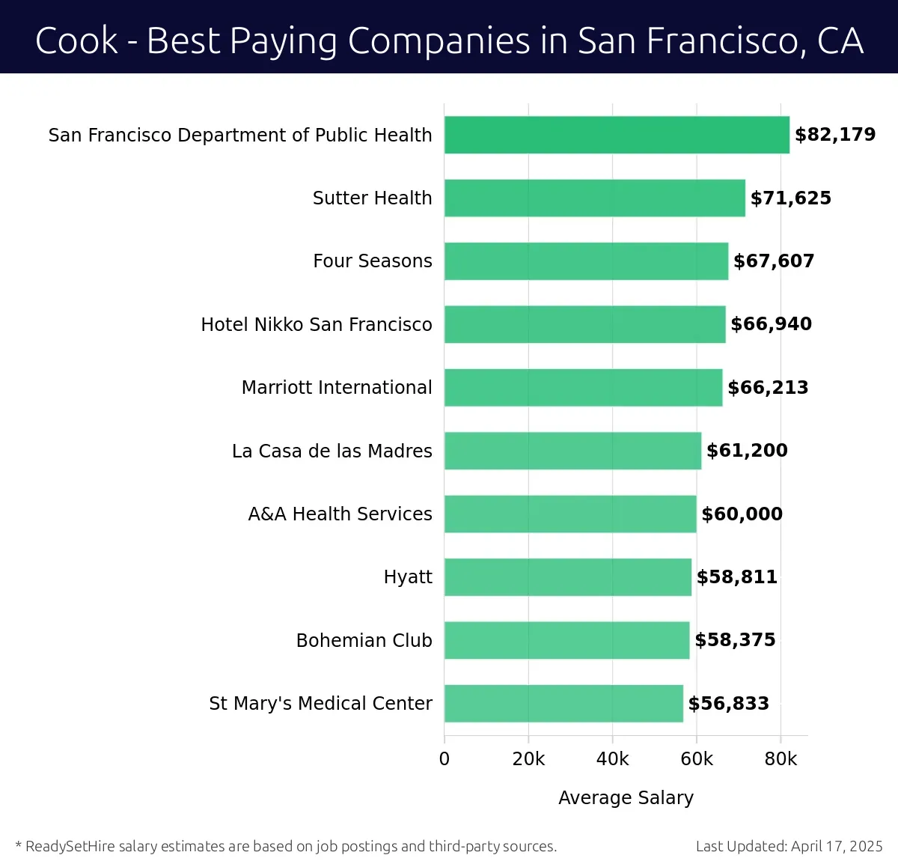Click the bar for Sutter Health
[x=594, y=198]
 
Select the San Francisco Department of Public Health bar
[x=617, y=135]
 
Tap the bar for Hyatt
[x=567, y=577]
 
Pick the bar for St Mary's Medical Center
[x=563, y=704]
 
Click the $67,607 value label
[x=774, y=261]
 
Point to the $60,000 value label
[x=742, y=514]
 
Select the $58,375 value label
[x=735, y=640]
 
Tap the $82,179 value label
[x=835, y=135]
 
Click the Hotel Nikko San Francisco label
[x=317, y=324]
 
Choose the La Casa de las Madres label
[x=332, y=451]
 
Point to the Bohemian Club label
[x=364, y=641]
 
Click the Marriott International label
[x=337, y=388]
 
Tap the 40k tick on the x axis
[x=612, y=759]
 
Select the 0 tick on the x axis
[x=445, y=759]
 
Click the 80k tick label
[x=781, y=759]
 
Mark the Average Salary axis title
[x=626, y=798]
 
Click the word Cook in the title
[x=76, y=40]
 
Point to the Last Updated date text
[x=789, y=847]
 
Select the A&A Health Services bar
[x=570, y=514]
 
